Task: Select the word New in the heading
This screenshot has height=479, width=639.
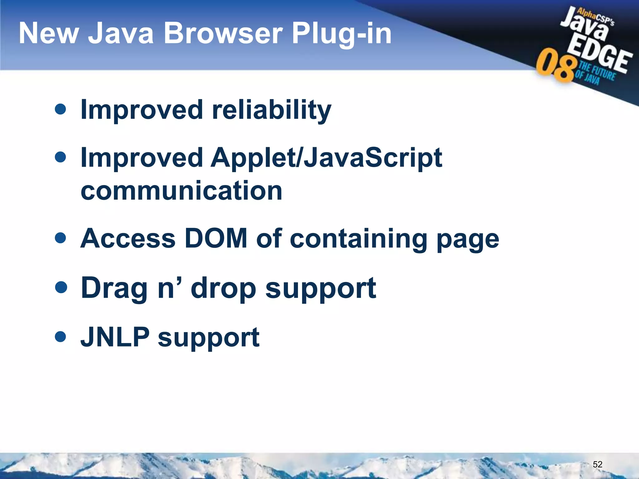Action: click(x=49, y=33)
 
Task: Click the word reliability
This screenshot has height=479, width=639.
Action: click(x=271, y=110)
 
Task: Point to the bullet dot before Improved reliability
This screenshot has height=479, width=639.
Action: click(x=60, y=109)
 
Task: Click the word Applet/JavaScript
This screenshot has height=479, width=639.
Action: click(x=326, y=158)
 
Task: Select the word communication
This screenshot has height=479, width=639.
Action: click(x=182, y=191)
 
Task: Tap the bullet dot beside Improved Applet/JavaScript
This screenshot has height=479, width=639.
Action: click(x=60, y=157)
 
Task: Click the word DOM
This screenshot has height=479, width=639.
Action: click(x=216, y=239)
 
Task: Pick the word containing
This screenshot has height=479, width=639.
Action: click(x=359, y=239)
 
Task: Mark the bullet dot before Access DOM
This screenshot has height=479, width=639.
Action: click(x=60, y=238)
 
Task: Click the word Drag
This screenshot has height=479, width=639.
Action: click(x=114, y=288)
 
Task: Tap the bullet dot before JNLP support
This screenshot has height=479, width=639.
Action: click(x=60, y=336)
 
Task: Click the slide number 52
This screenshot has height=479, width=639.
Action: click(x=597, y=464)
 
